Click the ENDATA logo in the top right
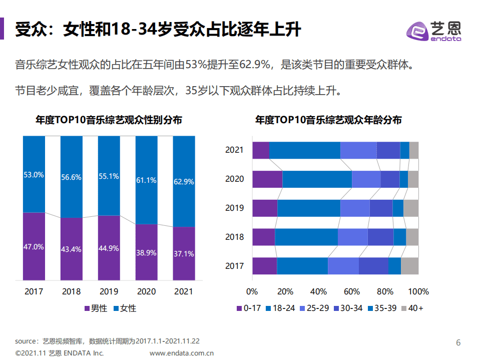tap(433, 31)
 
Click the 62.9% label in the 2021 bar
tap(184, 182)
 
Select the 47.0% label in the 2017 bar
tap(34, 247)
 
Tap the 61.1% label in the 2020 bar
tap(146, 180)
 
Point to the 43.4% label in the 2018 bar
tap(72, 249)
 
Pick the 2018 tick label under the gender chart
tap(72, 291)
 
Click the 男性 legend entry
tap(95, 308)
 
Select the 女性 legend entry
tap(125, 308)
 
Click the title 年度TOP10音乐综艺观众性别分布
tap(109, 120)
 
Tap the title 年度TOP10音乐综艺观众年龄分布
tap(328, 120)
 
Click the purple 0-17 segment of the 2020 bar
tap(267, 179)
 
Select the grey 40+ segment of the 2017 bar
tap(409, 266)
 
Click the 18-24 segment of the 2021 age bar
tap(304, 150)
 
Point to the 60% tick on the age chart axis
tap(352, 291)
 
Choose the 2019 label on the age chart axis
tap(234, 208)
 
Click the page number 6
tap(458, 343)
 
